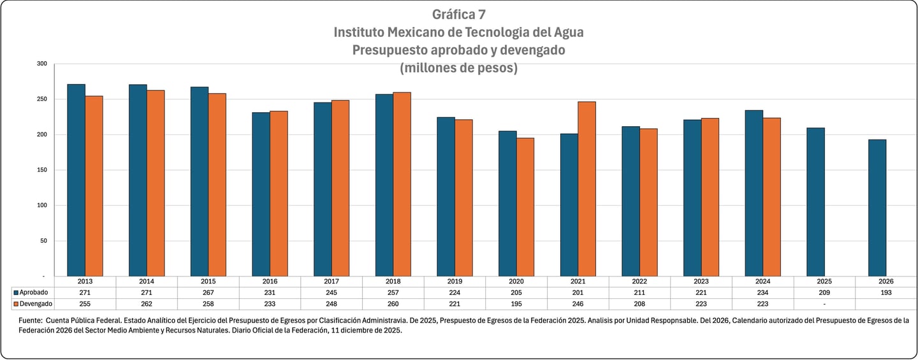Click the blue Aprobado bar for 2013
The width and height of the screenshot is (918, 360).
[76, 180]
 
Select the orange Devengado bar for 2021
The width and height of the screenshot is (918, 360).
[586, 189]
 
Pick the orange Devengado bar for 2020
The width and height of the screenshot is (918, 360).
[525, 207]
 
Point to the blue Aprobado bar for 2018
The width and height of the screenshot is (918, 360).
[384, 185]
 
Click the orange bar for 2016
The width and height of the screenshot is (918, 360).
[279, 194]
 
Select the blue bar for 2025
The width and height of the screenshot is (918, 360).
[815, 202]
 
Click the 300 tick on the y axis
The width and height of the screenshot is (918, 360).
[42, 64]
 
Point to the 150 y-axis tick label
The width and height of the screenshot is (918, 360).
[42, 170]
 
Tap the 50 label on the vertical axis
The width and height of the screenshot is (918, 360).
[43, 241]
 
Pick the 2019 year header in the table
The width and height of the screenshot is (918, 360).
[455, 281]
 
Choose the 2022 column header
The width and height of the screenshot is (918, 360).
[639, 281]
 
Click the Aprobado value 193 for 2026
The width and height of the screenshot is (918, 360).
[886, 292]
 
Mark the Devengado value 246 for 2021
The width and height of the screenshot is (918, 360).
[578, 304]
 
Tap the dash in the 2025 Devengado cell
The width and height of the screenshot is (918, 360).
[824, 304]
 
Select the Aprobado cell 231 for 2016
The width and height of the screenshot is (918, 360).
[270, 292]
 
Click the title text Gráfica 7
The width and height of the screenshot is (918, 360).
[458, 15]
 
